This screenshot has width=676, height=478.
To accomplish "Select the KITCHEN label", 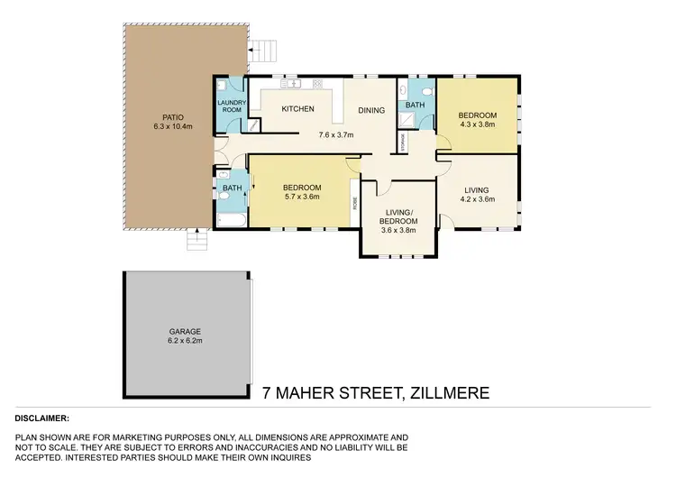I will click(297, 109).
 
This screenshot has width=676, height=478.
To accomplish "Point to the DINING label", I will click(371, 111).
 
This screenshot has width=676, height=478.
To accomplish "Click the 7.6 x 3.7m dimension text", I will click(335, 134).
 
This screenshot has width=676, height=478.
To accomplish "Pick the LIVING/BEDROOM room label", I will click(397, 216).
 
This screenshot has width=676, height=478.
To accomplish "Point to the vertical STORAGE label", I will click(403, 143).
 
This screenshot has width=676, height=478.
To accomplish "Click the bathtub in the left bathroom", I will click(226, 219).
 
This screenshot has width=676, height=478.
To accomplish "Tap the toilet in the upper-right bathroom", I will click(429, 90).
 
